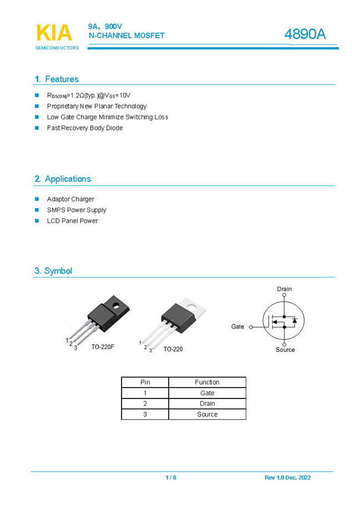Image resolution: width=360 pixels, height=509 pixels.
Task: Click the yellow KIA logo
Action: click(54, 33)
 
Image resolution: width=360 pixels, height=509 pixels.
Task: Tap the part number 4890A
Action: click(305, 34)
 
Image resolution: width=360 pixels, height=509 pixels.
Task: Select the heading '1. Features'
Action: click(57, 79)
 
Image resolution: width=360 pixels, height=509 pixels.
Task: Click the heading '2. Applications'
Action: click(63, 179)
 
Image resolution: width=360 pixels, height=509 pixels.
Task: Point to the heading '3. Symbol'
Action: click(53, 271)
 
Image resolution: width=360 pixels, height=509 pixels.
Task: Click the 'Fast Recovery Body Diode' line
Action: click(85, 128)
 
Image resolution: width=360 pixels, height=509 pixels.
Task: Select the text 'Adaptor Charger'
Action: click(70, 199)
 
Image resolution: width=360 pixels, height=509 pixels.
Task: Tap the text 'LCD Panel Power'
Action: click(72, 221)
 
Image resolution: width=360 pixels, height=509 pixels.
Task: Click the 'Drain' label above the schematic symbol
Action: click(284, 289)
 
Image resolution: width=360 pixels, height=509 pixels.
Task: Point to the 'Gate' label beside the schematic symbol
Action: click(237, 327)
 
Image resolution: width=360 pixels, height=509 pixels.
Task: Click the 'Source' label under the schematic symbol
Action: click(285, 350)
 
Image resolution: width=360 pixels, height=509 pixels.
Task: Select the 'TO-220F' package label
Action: click(103, 346)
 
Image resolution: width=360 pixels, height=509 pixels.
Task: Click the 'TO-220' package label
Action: click(173, 349)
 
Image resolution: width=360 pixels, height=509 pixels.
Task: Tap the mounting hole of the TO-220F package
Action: click(117, 306)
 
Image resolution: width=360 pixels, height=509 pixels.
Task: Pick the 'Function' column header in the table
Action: click(207, 382)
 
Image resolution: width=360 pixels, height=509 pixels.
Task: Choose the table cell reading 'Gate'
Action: click(207, 393)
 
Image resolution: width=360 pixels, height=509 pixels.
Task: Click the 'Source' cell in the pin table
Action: click(207, 415)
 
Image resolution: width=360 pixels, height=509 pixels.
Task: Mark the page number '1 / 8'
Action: click(171, 478)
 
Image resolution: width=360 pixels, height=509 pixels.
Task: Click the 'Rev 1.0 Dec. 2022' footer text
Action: click(288, 478)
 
